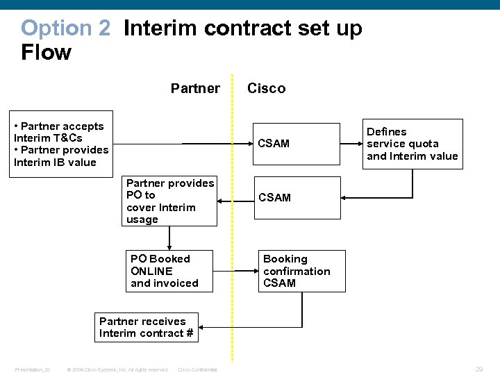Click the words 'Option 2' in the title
pyautogui.click(x=65, y=28)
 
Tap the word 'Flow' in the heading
pyautogui.click(x=46, y=53)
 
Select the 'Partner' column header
pyautogui.click(x=195, y=88)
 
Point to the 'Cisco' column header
pyautogui.click(x=266, y=88)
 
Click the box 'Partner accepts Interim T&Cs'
pyautogui.click(x=61, y=144)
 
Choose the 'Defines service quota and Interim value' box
pyautogui.click(x=412, y=144)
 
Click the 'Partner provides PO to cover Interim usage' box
pyautogui.click(x=170, y=201)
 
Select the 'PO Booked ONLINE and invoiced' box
pyautogui.click(x=169, y=271)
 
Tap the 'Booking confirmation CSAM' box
pyautogui.click(x=301, y=271)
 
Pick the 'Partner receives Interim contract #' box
pyautogui.click(x=147, y=327)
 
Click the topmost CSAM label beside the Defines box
pyautogui.click(x=274, y=144)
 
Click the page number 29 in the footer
pyautogui.click(x=478, y=369)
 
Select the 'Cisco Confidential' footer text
pyautogui.click(x=197, y=369)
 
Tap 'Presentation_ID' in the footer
pyautogui.click(x=33, y=369)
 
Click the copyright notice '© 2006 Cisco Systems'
pyautogui.click(x=117, y=369)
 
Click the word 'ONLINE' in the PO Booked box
pyautogui.click(x=151, y=271)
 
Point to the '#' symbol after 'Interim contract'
pyautogui.click(x=189, y=333)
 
